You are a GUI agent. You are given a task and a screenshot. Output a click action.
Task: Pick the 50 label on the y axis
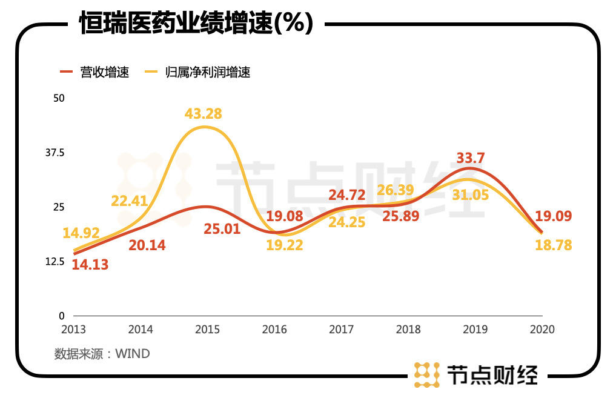tap(59, 98)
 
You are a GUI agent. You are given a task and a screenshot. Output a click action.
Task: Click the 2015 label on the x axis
tap(208, 330)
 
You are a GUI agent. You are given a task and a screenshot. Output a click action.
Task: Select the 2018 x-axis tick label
tap(408, 330)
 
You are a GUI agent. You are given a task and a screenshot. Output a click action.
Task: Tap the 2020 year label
tap(541, 330)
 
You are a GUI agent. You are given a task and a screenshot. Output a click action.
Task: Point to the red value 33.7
tap(471, 158)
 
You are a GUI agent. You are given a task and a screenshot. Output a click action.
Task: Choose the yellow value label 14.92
tap(81, 233)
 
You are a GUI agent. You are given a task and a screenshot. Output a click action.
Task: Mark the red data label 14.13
tap(90, 264)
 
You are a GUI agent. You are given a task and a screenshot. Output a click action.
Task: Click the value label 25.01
tap(222, 229)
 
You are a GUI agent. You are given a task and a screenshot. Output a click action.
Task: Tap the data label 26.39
tap(395, 190)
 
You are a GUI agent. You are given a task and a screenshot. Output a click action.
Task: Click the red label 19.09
tap(553, 216)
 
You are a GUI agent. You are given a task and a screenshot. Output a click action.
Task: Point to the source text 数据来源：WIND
tap(102, 353)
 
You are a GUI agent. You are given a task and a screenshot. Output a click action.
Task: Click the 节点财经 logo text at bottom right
tap(491, 375)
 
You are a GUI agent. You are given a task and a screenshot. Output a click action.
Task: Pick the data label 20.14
tap(147, 245)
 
